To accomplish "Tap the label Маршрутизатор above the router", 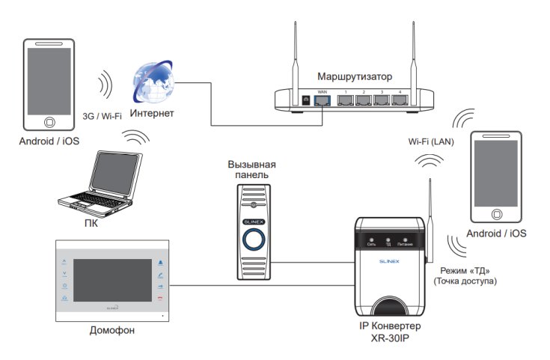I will [x=355, y=77].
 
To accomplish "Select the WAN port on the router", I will [x=323, y=99].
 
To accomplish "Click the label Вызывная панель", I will [x=256, y=170].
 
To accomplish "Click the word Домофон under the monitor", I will [x=111, y=330].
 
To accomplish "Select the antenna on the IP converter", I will [x=430, y=217].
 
